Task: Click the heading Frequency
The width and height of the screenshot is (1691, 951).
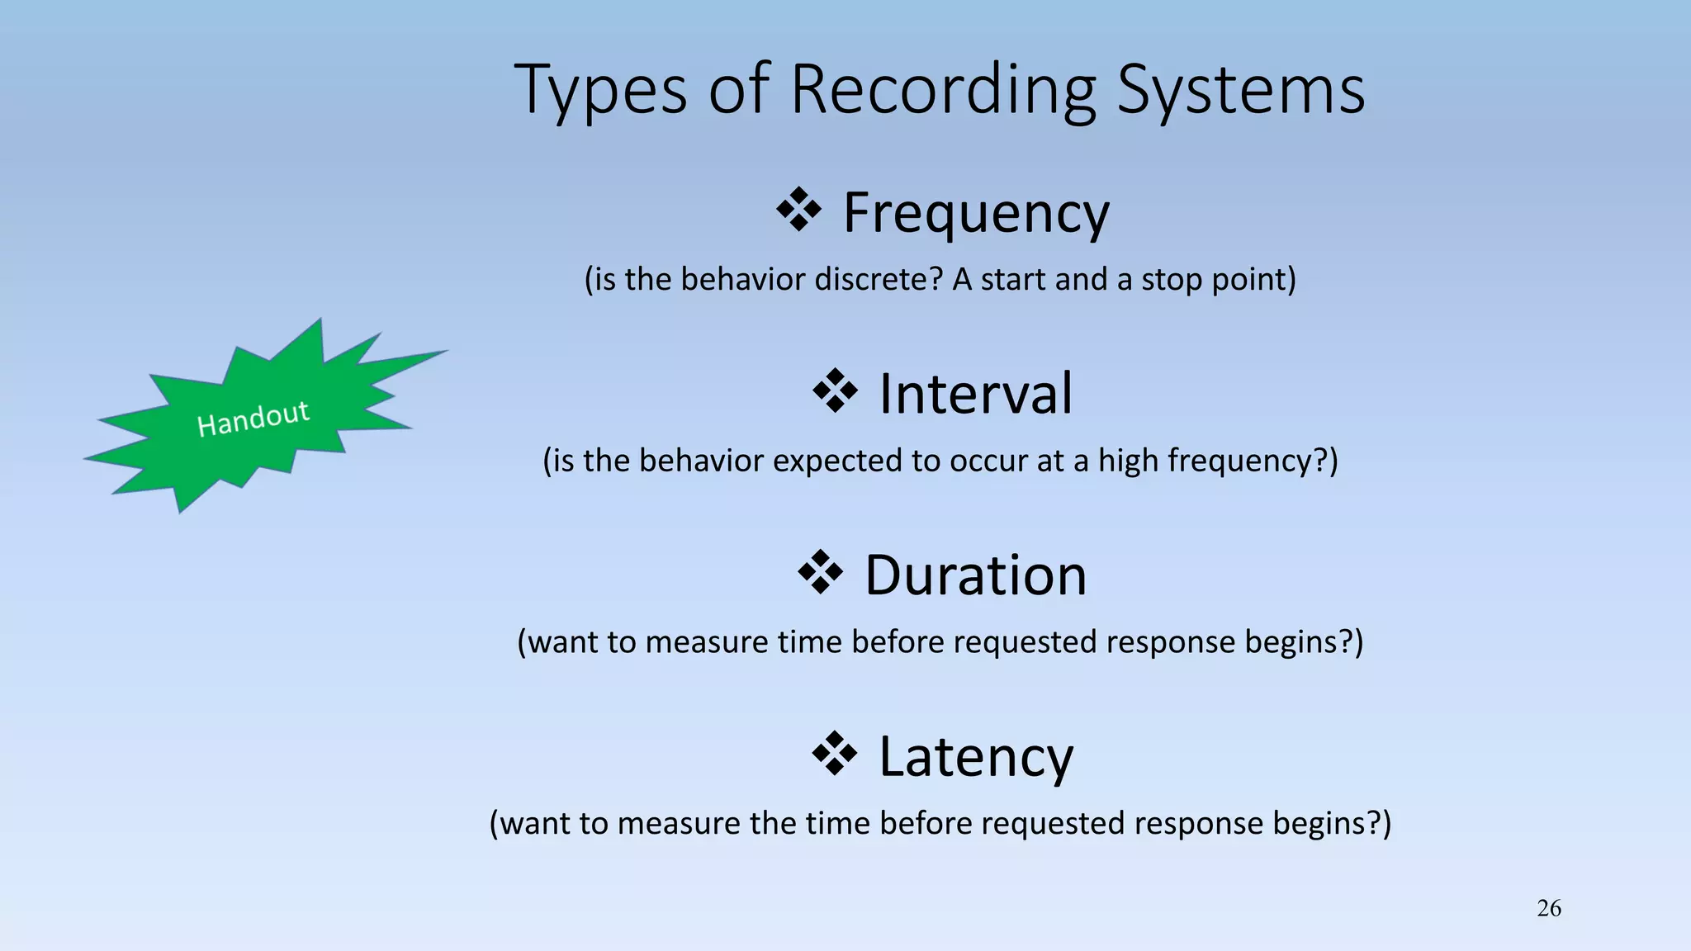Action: tap(976, 213)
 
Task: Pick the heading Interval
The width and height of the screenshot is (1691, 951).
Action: tap(976, 394)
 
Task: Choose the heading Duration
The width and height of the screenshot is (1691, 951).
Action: tap(976, 575)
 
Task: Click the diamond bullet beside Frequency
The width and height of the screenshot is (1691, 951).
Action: tap(798, 210)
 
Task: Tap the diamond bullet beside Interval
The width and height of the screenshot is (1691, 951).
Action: tap(835, 390)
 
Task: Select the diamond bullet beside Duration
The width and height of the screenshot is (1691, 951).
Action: tap(820, 572)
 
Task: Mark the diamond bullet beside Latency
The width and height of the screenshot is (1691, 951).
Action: tap(835, 753)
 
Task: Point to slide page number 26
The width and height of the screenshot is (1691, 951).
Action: tap(1549, 908)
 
